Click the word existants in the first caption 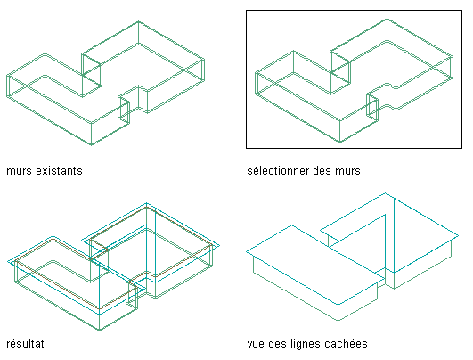(59, 171)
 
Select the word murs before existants (19, 171)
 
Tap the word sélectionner (278, 171)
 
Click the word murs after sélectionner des (347, 171)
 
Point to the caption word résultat (25, 343)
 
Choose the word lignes (306, 344)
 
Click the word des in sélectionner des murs (322, 171)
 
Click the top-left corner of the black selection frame (247, 11)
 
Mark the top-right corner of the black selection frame (461, 11)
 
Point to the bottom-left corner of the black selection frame (247, 148)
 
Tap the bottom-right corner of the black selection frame (461, 148)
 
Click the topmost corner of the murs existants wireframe (138, 21)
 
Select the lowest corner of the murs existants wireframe (92, 145)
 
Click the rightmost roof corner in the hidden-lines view (458, 235)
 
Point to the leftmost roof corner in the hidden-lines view (247, 251)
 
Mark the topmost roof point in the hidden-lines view (385, 192)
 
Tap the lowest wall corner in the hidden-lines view (338, 321)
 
